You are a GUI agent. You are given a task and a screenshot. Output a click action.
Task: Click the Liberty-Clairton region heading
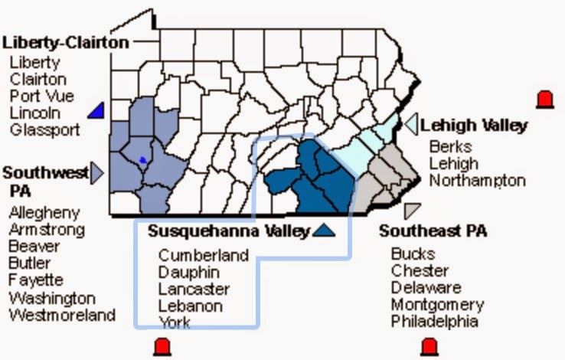pyautogui.click(x=65, y=42)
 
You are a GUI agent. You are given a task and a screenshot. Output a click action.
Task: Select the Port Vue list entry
pyautogui.click(x=38, y=96)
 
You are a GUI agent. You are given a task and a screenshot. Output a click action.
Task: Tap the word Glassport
pyautogui.click(x=44, y=129)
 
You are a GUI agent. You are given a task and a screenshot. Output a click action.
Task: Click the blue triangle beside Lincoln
pyautogui.click(x=96, y=111)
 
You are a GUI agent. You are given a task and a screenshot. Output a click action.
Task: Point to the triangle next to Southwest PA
pyautogui.click(x=97, y=173)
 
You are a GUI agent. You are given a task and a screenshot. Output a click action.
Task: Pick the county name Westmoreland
pyautogui.click(x=62, y=314)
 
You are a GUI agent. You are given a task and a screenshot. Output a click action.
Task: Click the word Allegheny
pyautogui.click(x=44, y=212)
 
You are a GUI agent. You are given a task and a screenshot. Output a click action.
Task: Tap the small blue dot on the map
pyautogui.click(x=142, y=160)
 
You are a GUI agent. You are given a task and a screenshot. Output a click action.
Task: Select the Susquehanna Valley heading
pyautogui.click(x=229, y=231)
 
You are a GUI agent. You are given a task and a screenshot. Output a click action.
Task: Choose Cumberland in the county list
pyautogui.click(x=204, y=255)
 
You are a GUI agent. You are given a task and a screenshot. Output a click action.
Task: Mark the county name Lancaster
pyautogui.click(x=194, y=289)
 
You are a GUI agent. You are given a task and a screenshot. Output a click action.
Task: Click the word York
pyautogui.click(x=175, y=322)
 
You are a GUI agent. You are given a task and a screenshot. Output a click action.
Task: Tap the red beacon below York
pyautogui.click(x=162, y=346)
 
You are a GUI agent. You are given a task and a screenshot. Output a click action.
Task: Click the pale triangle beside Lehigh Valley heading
pyautogui.click(x=411, y=123)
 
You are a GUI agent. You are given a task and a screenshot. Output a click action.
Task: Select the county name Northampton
pyautogui.click(x=477, y=181)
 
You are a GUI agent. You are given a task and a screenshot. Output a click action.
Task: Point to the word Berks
pyautogui.click(x=450, y=146)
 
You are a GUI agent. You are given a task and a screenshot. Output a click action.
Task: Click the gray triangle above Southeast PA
pyautogui.click(x=413, y=210)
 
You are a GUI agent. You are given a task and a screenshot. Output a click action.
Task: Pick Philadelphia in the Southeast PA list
pyautogui.click(x=434, y=322)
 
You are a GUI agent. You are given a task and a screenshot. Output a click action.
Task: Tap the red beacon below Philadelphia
pyautogui.click(x=429, y=346)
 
